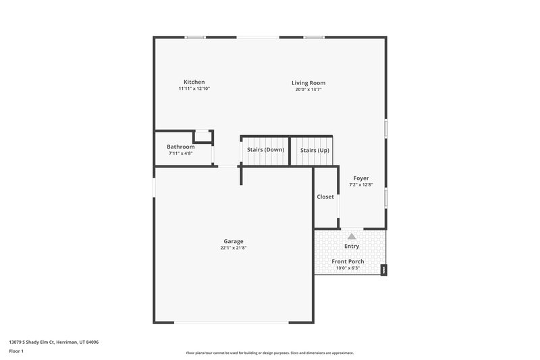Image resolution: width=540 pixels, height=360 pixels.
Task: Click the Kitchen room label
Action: (194, 82)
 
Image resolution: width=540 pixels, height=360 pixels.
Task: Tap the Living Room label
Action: (308, 83)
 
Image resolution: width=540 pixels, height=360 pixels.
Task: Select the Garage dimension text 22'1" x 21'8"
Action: (234, 248)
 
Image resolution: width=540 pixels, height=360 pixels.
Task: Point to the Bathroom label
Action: (181, 147)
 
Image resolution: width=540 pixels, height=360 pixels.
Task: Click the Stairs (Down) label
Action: (265, 149)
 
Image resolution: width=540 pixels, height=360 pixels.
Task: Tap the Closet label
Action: (325, 197)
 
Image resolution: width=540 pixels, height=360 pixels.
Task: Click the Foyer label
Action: (361, 178)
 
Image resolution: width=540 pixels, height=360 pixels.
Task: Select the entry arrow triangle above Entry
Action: (352, 236)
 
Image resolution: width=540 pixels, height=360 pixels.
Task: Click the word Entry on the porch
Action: (352, 246)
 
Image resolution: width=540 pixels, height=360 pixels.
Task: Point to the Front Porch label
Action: (348, 261)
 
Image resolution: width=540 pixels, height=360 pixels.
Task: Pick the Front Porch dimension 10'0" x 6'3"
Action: (348, 268)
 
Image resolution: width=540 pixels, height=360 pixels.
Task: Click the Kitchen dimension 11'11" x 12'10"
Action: (194, 89)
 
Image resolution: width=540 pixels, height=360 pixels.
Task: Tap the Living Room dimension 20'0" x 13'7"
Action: (308, 90)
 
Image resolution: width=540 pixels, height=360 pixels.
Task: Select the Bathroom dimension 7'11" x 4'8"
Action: (181, 153)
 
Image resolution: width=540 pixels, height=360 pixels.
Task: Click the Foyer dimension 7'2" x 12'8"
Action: (361, 185)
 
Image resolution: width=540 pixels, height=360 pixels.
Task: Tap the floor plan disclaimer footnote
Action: (270, 353)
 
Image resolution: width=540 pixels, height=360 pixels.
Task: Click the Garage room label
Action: (234, 241)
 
